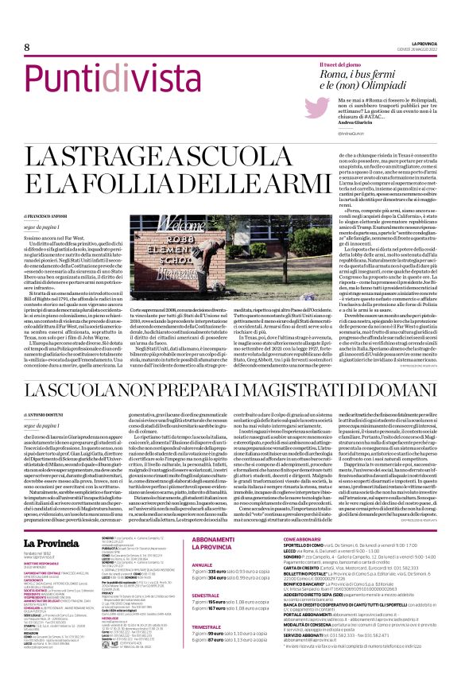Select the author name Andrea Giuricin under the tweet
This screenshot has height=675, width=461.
point(338,122)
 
